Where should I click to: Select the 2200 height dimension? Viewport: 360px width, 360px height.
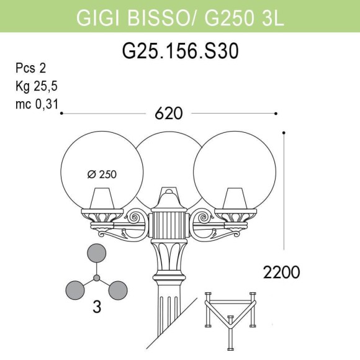(281, 272)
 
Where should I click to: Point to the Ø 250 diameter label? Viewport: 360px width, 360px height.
(102, 174)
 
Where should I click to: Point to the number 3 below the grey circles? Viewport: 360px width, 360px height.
(97, 307)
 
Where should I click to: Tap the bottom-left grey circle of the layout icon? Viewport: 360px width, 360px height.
(75, 289)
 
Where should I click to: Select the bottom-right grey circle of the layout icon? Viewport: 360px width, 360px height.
(117, 289)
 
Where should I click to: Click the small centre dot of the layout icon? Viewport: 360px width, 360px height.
(96, 277)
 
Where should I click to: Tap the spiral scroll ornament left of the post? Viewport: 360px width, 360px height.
(135, 218)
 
